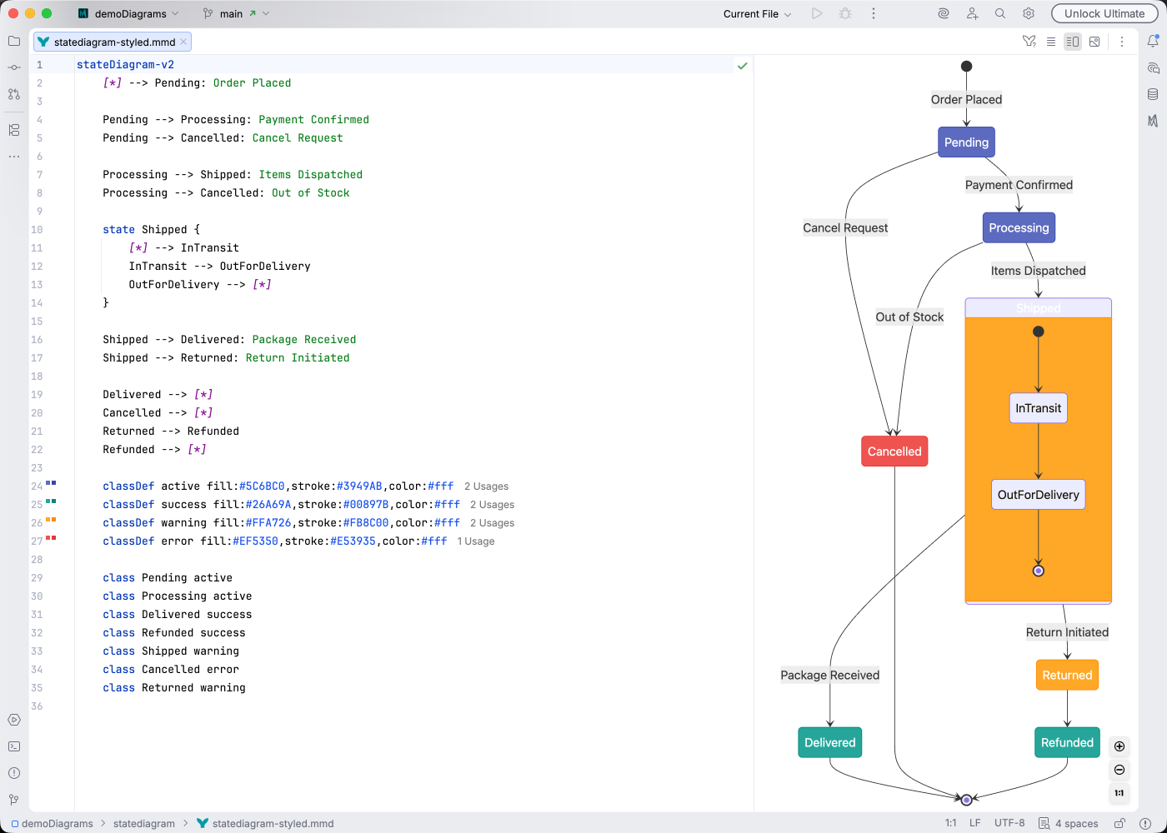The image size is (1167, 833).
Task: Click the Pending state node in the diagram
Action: click(x=966, y=142)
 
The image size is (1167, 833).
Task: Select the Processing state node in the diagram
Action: click(x=1019, y=228)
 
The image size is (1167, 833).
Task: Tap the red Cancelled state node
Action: click(x=894, y=451)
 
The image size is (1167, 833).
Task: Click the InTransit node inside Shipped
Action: click(x=1038, y=408)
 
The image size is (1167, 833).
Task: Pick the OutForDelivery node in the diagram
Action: click(x=1038, y=495)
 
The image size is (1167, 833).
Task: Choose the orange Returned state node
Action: click(x=1067, y=676)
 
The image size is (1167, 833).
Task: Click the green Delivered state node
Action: click(x=829, y=743)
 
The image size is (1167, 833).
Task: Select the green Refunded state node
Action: click(x=1067, y=743)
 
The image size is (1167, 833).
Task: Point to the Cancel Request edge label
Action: click(x=845, y=228)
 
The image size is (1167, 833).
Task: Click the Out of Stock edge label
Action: click(x=909, y=317)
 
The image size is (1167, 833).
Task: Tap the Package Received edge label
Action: click(x=829, y=676)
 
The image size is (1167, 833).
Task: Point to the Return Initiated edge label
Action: click(x=1067, y=632)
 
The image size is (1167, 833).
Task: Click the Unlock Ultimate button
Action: click(x=1104, y=13)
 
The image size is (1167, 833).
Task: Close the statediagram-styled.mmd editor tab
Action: click(x=183, y=42)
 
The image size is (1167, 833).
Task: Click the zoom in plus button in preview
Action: click(x=1119, y=746)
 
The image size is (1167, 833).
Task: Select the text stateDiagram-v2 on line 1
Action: click(x=125, y=65)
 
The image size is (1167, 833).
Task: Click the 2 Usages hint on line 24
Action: click(x=486, y=486)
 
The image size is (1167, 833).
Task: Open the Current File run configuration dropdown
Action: click(x=757, y=14)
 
